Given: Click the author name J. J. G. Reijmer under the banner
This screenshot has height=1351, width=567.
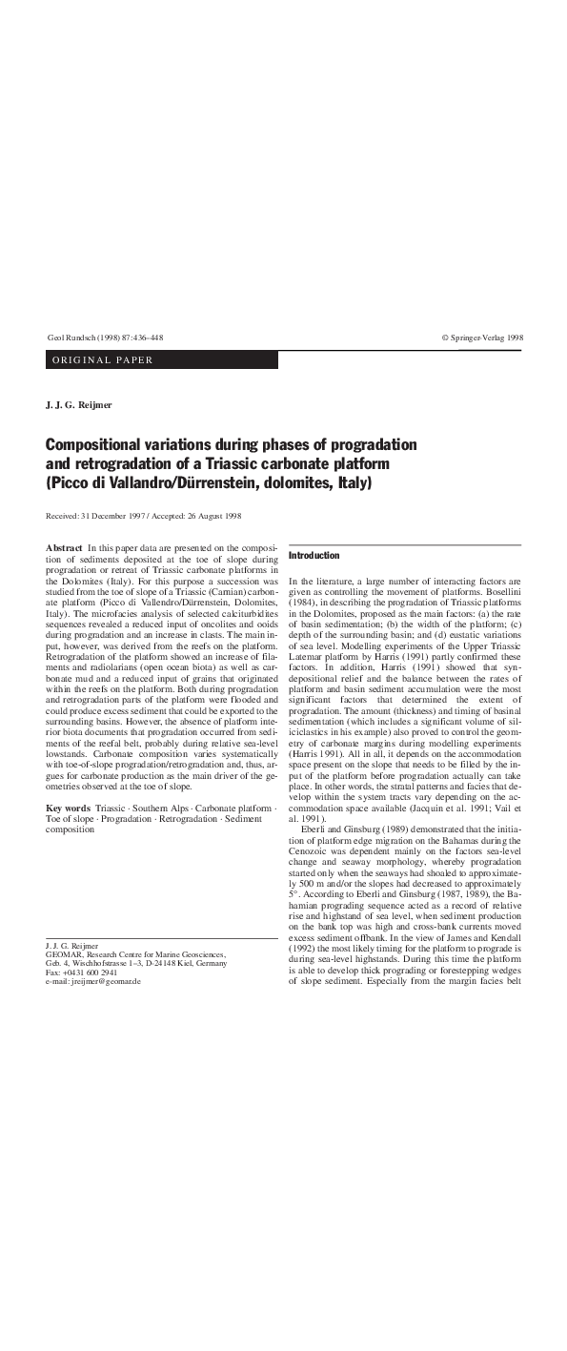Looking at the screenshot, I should point(79,406).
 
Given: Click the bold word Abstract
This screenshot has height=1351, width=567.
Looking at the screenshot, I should point(64,547).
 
